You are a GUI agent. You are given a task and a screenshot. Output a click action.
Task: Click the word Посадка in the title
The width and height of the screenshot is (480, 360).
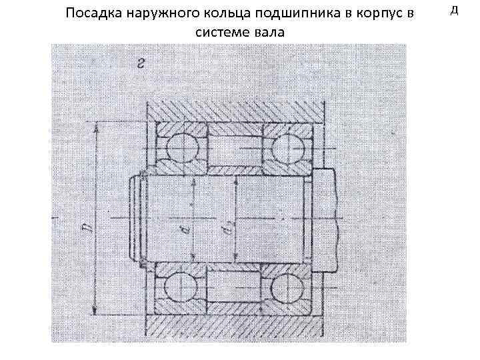coord(93,14)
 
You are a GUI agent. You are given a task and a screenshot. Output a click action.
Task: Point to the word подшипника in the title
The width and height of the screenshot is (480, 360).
coord(284,14)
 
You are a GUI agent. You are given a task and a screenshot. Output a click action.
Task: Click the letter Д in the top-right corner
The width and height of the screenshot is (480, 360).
coord(455,9)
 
